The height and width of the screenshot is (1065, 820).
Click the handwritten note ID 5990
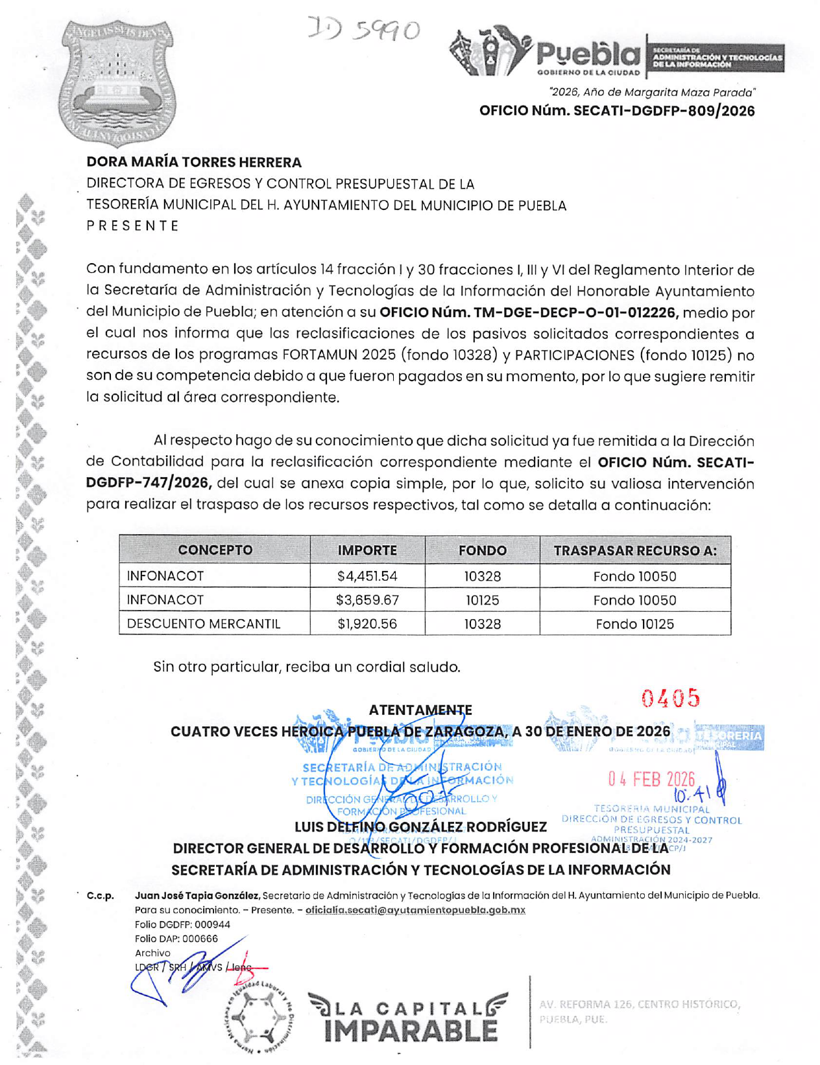click(365, 30)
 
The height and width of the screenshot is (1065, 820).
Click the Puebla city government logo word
click(587, 54)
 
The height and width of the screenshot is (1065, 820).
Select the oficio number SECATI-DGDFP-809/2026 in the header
click(616, 111)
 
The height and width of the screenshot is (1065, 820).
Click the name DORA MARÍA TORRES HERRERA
click(194, 162)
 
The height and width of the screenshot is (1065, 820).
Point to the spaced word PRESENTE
click(133, 226)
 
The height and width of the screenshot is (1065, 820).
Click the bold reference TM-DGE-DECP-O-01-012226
click(529, 312)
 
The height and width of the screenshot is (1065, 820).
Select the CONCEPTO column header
click(215, 550)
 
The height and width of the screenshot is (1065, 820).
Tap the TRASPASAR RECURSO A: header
click(635, 550)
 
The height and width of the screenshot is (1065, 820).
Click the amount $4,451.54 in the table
click(367, 576)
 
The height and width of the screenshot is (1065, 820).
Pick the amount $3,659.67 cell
click(367, 600)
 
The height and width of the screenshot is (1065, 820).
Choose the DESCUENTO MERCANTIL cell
click(204, 624)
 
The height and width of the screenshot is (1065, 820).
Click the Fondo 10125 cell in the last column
click(635, 624)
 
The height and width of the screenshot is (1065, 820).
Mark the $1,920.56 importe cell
click(367, 624)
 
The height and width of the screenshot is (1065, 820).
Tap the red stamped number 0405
click(671, 698)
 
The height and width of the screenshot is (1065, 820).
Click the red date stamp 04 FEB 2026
click(651, 778)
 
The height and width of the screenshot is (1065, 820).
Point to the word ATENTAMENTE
click(420, 710)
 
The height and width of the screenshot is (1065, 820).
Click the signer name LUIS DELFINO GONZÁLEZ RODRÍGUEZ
click(420, 827)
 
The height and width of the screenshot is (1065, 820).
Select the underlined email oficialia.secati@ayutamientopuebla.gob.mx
click(415, 910)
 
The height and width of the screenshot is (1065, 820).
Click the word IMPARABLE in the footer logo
click(410, 1031)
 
